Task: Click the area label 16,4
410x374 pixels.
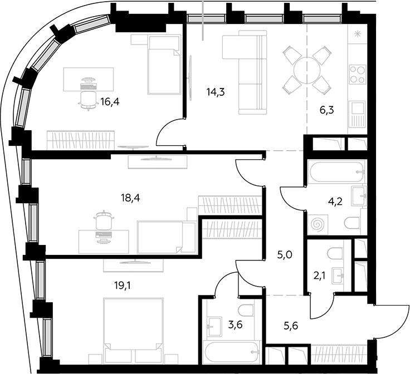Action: (x=110, y=102)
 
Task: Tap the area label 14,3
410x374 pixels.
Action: (x=216, y=92)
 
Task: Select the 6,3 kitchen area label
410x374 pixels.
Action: (x=326, y=110)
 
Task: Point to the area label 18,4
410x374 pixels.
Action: (x=130, y=198)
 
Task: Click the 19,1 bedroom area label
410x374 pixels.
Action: (x=123, y=286)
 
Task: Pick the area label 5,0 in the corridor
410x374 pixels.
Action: (x=285, y=254)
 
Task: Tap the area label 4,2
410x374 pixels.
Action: (x=335, y=201)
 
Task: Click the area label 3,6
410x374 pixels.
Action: (x=235, y=324)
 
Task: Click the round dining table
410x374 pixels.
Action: (x=307, y=70)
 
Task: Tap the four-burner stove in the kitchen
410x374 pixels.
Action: (x=358, y=75)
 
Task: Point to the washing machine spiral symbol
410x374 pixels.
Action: (x=318, y=224)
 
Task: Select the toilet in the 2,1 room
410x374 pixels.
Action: (x=335, y=253)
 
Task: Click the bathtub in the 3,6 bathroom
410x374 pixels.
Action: (x=232, y=351)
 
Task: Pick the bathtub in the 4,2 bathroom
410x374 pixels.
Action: (x=336, y=171)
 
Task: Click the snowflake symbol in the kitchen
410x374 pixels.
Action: (x=357, y=34)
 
